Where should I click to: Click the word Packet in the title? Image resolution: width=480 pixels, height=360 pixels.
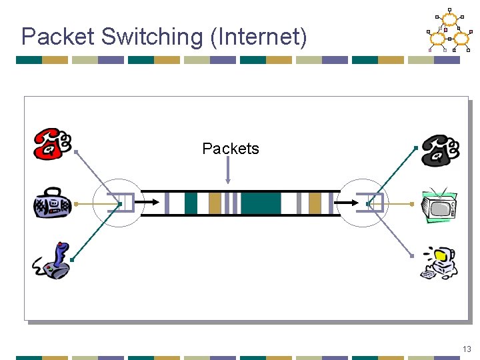point(57,37)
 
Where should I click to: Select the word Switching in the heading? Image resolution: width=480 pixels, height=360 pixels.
point(151,37)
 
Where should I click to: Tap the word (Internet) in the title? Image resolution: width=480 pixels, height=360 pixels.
point(259,37)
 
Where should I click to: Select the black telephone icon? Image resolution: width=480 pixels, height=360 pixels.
point(439,149)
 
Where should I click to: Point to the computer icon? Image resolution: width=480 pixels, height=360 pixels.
point(439,263)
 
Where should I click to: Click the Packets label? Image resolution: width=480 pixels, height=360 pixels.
point(230,149)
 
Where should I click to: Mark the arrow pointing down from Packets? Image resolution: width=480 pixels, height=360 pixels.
point(228,171)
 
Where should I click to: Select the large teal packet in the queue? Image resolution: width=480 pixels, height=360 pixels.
point(261,203)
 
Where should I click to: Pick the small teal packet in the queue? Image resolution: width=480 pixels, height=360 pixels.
point(191,203)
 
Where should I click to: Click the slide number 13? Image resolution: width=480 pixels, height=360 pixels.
point(467,349)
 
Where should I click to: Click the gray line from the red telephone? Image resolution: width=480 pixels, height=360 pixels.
point(97,176)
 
